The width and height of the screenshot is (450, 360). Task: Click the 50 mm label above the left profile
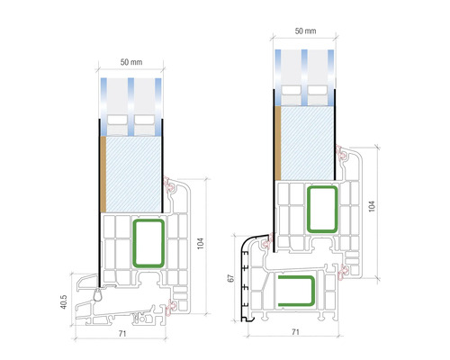131,62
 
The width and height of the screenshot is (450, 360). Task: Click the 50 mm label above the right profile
305,31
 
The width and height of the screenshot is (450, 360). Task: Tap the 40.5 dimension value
64,301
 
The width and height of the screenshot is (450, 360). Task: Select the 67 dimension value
230,278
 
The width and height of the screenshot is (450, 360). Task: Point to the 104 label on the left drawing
201,243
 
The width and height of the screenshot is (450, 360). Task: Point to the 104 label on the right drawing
372,206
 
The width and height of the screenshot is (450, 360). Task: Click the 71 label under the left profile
121,333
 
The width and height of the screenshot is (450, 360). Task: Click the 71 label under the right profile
295,332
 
